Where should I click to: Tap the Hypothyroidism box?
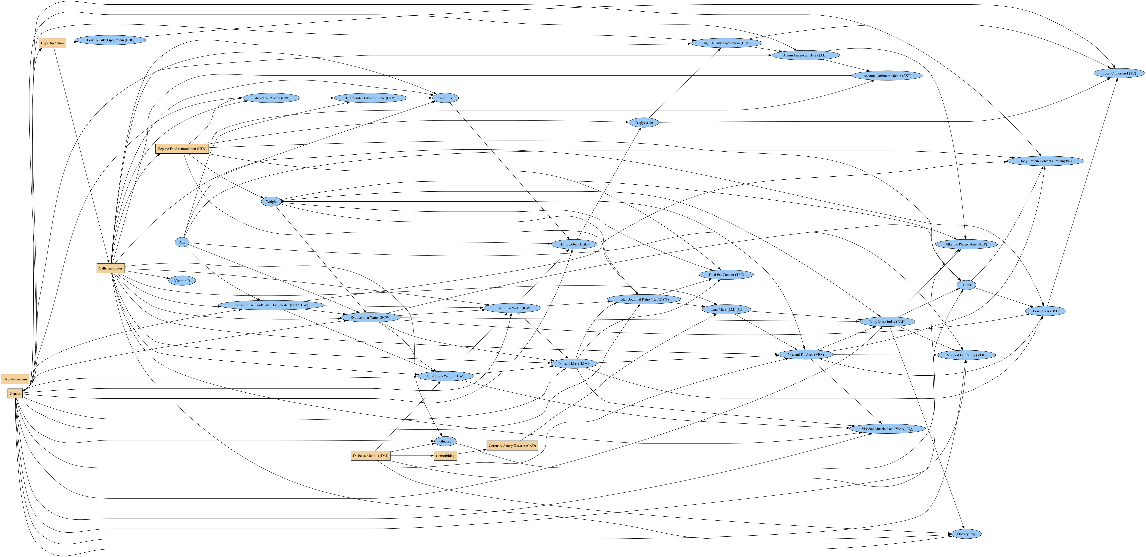click(x=15, y=379)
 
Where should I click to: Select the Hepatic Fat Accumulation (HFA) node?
click(x=182, y=149)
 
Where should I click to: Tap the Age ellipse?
click(x=182, y=242)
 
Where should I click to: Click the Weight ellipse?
click(x=271, y=201)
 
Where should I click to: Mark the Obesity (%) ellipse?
click(x=966, y=534)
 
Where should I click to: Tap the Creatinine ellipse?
click(x=445, y=98)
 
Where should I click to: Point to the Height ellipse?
click(x=966, y=285)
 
